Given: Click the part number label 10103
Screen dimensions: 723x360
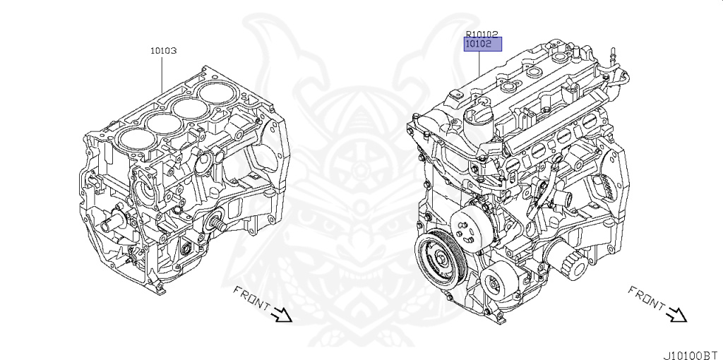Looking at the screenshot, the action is tap(163, 51).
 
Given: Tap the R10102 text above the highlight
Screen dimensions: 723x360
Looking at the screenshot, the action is tap(482, 34).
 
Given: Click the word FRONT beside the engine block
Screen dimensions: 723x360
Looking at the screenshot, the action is tap(252, 298).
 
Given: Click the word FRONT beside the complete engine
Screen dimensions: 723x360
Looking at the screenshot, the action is tap(647, 298).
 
